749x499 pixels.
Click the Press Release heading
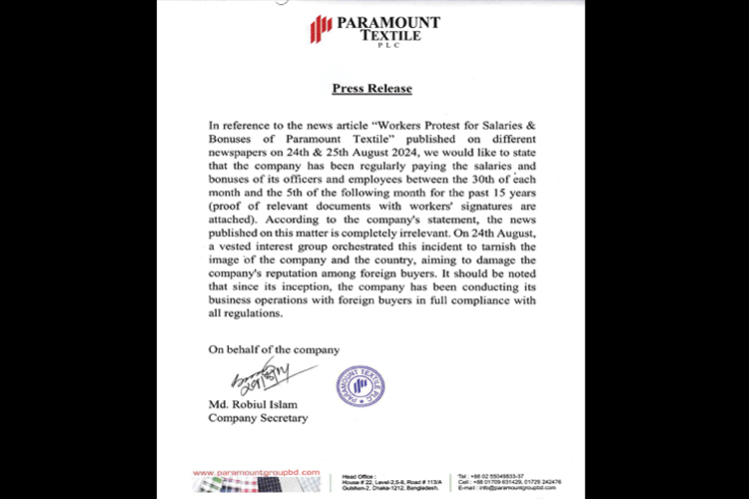pyautogui.click(x=372, y=88)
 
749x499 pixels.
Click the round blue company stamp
pyautogui.click(x=360, y=386)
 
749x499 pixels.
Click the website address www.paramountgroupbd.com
pyautogui.click(x=254, y=471)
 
